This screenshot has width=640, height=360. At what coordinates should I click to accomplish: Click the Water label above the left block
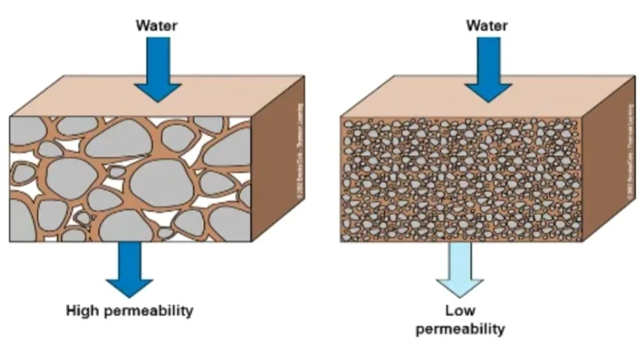156,26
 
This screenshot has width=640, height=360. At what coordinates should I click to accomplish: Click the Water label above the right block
487,26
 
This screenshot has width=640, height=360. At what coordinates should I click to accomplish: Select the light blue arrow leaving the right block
460,268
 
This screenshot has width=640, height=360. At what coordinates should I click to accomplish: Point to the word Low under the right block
460,311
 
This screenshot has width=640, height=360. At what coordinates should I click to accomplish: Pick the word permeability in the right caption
460,329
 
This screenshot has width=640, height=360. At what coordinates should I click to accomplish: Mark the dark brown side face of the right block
607,166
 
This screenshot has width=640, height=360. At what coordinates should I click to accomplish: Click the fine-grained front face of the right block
460,179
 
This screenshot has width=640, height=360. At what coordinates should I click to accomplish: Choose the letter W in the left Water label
142,26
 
